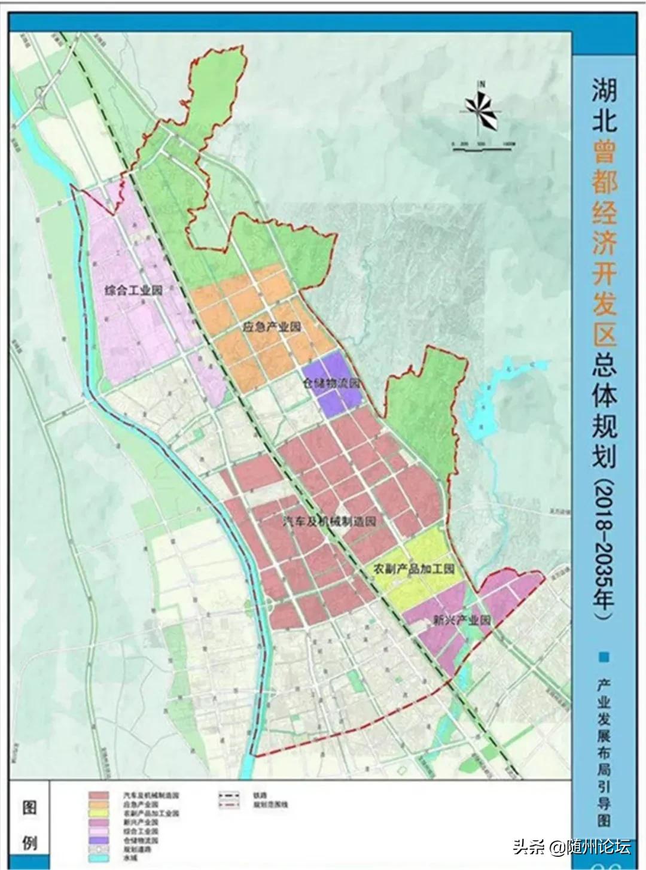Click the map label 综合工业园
coord(133,291)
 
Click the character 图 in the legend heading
coord(29,808)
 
